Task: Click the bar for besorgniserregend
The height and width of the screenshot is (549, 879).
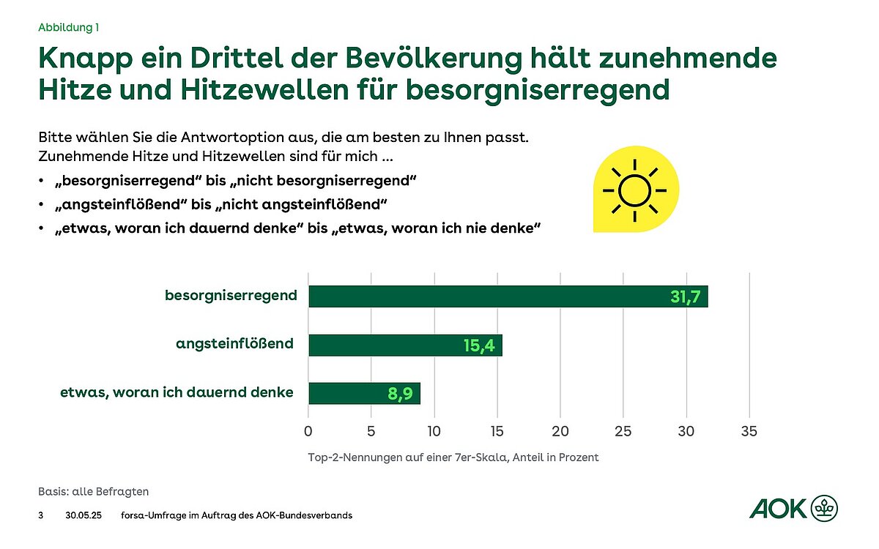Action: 508,296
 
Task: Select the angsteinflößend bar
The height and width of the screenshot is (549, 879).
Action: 405,345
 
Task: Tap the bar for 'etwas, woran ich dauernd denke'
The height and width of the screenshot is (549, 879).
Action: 364,393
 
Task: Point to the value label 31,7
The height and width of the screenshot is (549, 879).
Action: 686,297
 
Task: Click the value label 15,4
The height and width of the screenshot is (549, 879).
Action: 481,346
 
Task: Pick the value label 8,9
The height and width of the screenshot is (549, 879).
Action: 401,394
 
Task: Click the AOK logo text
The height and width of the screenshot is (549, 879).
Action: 777,508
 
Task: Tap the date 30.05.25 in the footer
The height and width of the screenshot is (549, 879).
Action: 81,515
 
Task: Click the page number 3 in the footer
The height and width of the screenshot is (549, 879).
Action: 40,515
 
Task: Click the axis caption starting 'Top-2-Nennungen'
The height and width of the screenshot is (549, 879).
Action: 453,457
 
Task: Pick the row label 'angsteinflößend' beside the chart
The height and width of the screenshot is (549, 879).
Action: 235,343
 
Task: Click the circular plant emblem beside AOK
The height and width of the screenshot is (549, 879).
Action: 825,508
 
